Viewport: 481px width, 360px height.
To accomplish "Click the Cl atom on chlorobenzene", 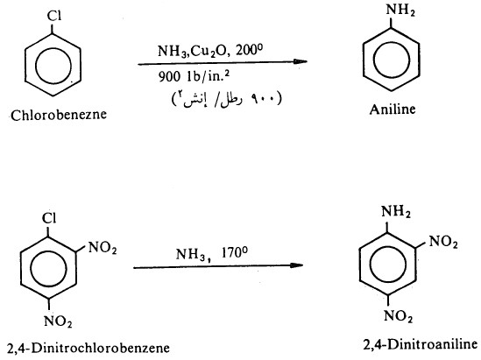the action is (x=54, y=16).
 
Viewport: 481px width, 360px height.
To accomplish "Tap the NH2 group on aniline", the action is (x=400, y=11).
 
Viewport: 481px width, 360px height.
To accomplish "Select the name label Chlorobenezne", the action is (x=59, y=115).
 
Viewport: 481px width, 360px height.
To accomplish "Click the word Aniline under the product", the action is (x=393, y=109).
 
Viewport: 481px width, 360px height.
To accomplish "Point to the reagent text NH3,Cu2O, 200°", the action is (x=210, y=51).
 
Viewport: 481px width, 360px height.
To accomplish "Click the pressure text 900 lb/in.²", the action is (x=194, y=76).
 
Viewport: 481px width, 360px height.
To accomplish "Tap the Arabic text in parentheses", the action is (x=226, y=99).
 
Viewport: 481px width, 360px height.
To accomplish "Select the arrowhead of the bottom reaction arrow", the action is (x=295, y=265).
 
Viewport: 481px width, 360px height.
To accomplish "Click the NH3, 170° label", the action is (x=212, y=254).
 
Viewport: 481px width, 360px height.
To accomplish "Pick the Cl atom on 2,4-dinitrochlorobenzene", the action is (x=49, y=218).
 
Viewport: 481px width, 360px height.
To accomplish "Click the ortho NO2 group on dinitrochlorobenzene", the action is (x=103, y=248).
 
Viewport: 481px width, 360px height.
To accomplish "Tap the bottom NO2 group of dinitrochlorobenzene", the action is (x=58, y=321).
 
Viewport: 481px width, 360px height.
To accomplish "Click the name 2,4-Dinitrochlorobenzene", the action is (x=89, y=348).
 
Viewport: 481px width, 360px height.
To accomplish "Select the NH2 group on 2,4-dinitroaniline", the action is (x=396, y=212).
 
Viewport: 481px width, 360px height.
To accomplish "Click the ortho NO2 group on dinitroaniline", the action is (x=443, y=242).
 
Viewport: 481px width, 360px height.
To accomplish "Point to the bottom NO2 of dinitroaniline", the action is (x=398, y=316).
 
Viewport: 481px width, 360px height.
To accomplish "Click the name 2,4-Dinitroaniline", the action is (x=421, y=344).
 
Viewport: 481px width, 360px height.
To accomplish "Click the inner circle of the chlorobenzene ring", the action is (x=36, y=66).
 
